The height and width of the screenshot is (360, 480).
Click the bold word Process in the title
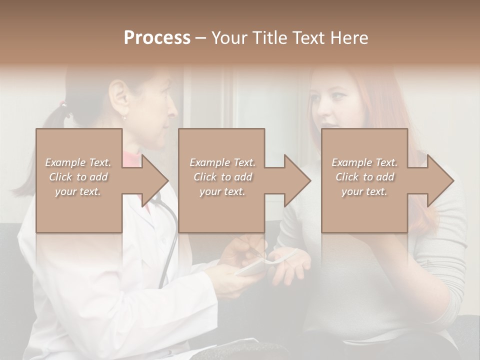coord(157,38)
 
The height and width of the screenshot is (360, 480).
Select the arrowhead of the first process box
coord(155,180)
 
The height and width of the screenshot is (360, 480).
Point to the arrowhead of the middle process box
coord(297,180)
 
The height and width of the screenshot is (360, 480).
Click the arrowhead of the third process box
coord(440,180)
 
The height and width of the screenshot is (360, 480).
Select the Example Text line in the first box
coord(78,162)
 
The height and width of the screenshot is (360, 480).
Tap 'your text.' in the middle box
coord(222,191)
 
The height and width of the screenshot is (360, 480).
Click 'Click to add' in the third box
coord(364,177)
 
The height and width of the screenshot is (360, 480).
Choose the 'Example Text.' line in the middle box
coord(222,162)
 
